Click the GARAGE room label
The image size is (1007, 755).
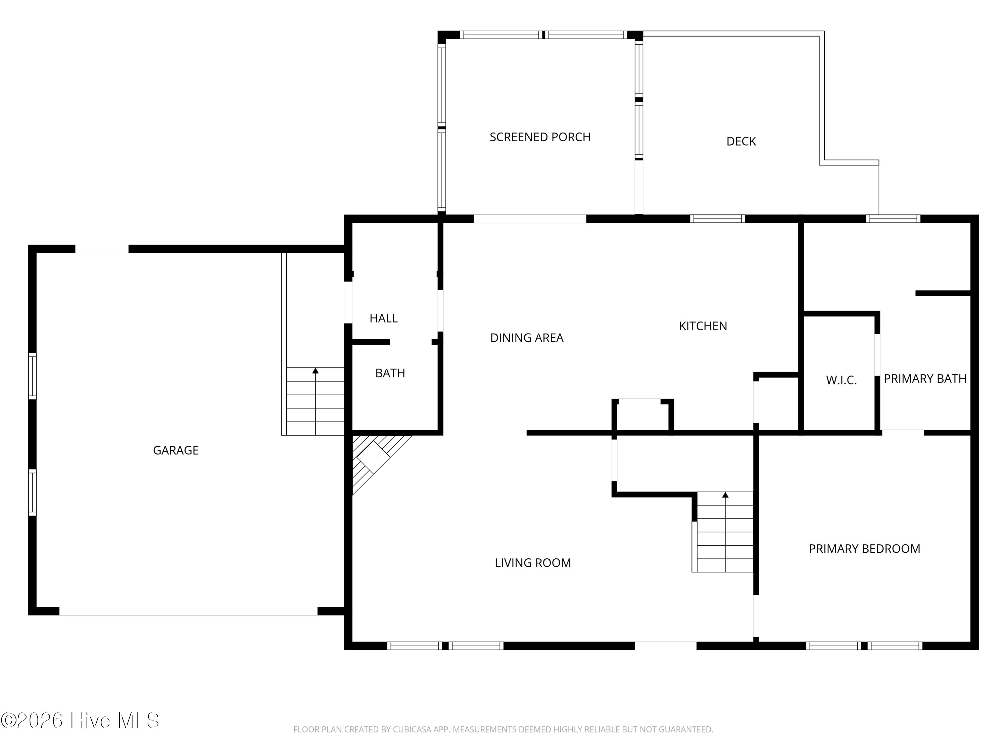[x=176, y=451]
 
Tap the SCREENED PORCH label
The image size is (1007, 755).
[x=540, y=137]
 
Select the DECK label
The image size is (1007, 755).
[x=741, y=142]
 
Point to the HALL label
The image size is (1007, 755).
[x=383, y=318]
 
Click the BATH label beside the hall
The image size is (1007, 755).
[x=390, y=373]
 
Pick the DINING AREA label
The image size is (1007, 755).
[x=527, y=338]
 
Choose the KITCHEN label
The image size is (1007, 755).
[x=703, y=326]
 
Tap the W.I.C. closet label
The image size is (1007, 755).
[x=841, y=380]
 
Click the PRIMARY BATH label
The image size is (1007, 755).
[x=925, y=379]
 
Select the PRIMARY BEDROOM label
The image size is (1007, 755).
[x=864, y=549]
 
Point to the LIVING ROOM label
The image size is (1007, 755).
[x=533, y=563]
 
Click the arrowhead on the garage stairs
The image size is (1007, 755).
[x=316, y=371]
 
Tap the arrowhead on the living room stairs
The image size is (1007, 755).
[x=725, y=495]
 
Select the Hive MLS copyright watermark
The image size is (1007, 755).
[x=80, y=720]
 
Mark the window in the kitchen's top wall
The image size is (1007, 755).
[x=717, y=219]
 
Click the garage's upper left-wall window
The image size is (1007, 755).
[x=32, y=376]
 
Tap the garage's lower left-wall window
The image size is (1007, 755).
[x=32, y=492]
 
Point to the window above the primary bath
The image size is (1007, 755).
[x=893, y=219]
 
